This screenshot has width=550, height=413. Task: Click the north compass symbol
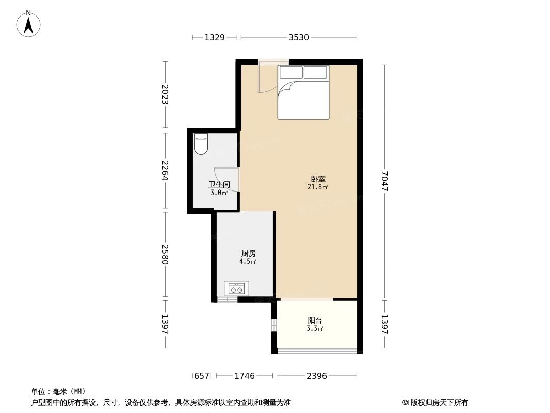point(28,23)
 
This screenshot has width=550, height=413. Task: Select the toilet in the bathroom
point(200,144)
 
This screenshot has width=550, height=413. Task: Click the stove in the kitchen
point(236,289)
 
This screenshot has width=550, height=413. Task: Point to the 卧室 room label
point(318,179)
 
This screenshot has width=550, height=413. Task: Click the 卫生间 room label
point(219,184)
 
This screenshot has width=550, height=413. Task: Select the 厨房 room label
point(248,253)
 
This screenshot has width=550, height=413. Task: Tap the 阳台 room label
point(315,320)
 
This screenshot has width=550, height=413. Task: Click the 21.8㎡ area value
point(318,187)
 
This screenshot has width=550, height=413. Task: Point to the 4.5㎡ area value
point(248,262)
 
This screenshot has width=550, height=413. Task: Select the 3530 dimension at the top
point(299,37)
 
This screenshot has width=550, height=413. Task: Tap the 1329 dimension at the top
point(214,37)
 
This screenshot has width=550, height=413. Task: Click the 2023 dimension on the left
point(165,94)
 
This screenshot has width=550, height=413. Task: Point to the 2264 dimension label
point(165,170)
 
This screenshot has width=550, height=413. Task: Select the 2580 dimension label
point(165,255)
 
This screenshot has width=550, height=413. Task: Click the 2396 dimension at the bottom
point(316,376)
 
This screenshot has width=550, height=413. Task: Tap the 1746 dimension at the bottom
point(245,376)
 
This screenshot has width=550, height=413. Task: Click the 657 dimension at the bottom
point(202,376)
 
